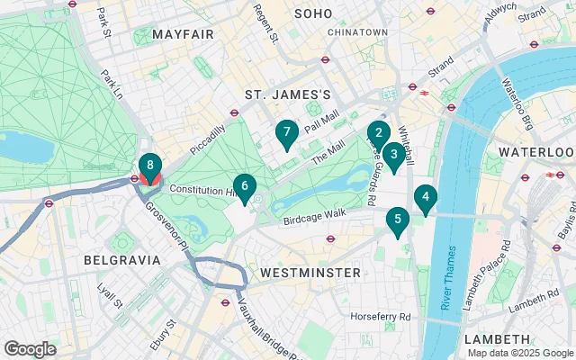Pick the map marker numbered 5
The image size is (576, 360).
tap(396, 220)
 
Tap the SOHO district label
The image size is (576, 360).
tap(313, 14)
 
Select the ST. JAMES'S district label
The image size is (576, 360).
tap(289, 94)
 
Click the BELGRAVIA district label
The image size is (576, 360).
tap(121, 259)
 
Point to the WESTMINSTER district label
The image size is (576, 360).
tap(310, 272)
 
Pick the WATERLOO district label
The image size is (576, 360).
tap(535, 151)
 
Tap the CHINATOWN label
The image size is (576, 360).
tap(357, 32)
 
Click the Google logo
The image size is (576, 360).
tap(31, 349)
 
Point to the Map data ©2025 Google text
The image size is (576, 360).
tap(519, 353)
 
